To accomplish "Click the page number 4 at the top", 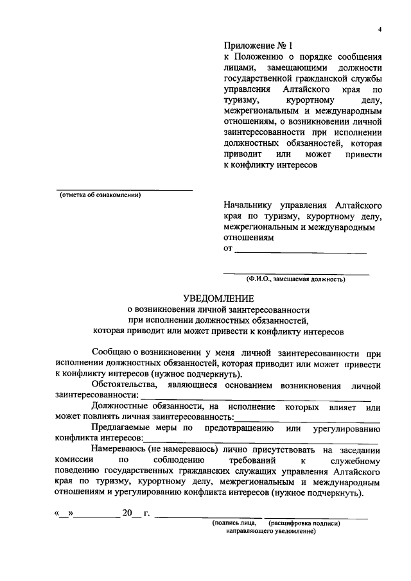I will point(380,30).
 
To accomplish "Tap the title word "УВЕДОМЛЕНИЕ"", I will point(218,299).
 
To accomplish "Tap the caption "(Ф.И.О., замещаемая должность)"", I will point(296,279).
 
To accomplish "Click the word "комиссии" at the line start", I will point(75,461).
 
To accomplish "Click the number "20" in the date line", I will point(127,513).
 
